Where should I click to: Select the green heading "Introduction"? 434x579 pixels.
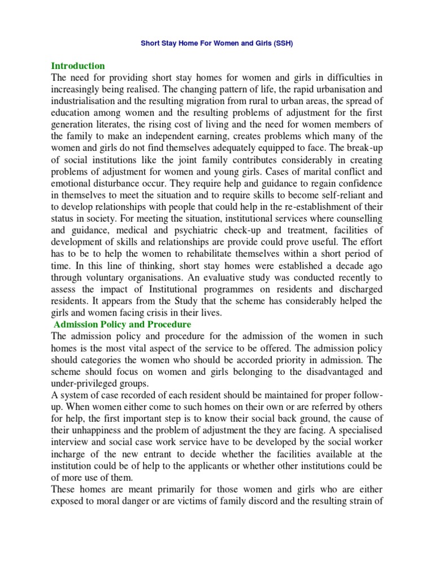tap(78, 66)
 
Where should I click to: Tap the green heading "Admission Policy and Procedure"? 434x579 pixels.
tap(123, 325)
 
